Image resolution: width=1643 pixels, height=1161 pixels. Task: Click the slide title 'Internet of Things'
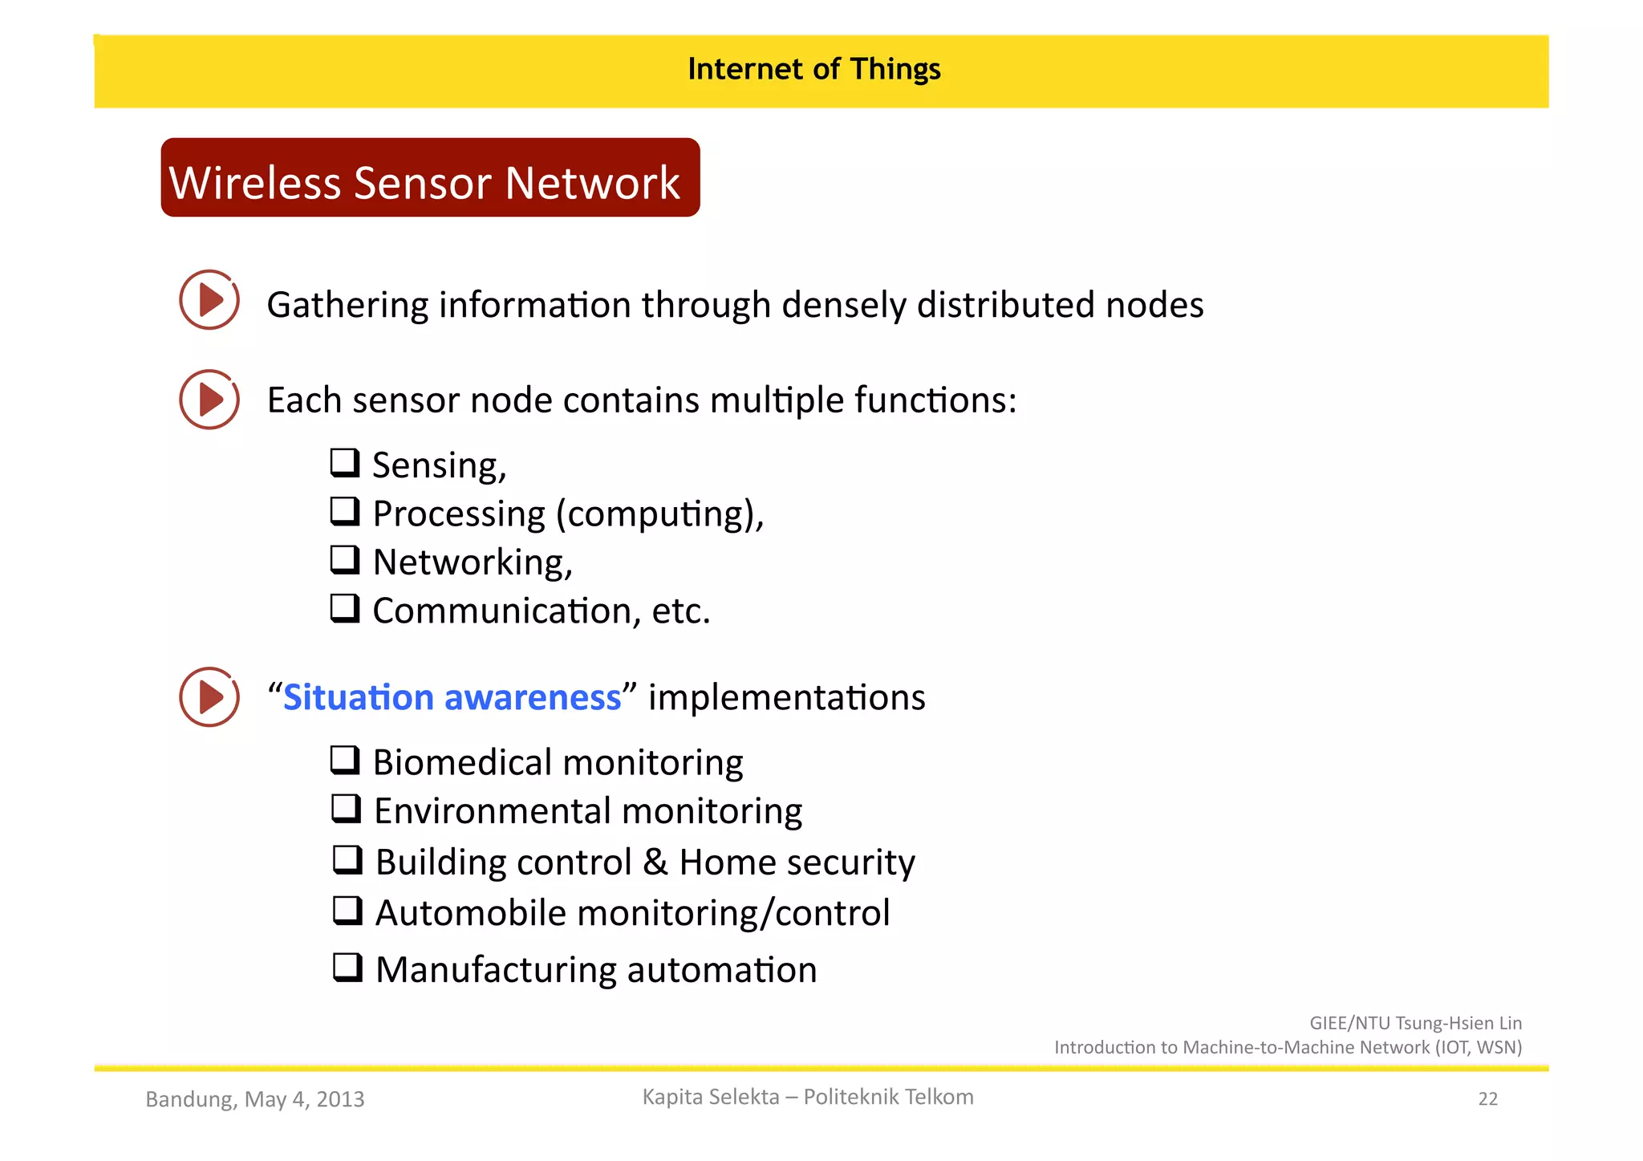813,70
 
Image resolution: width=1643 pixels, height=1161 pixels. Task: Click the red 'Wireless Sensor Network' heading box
430,178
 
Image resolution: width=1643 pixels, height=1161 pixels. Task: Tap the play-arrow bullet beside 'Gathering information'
209,300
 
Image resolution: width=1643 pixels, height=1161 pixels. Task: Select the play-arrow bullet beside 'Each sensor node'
209,400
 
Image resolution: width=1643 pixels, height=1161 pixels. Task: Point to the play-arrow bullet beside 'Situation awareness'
209,697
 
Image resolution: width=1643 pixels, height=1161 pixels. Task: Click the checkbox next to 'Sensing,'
345,463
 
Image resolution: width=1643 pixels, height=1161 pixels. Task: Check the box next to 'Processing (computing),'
345,511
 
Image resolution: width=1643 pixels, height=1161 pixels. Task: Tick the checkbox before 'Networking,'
345,559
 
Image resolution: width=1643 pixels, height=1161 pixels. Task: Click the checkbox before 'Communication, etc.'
345,608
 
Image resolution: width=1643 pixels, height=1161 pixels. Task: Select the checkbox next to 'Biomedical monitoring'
345,760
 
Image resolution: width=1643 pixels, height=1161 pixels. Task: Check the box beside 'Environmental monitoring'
346,809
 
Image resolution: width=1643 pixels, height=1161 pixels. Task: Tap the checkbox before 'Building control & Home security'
347,859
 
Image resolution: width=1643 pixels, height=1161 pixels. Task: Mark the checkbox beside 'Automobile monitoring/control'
347,911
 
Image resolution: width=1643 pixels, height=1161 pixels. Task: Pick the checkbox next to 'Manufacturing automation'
347,968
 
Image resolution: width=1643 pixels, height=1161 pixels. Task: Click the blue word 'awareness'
533,698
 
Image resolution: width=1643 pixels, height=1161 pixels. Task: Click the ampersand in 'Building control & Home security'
655,863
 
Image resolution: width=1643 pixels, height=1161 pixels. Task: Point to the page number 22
1487,1099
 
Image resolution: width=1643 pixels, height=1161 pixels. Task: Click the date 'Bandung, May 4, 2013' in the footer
255,1099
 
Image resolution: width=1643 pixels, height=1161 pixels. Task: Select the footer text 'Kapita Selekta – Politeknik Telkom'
808,1097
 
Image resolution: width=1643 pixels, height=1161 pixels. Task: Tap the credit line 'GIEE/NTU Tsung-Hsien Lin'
1415,1023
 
